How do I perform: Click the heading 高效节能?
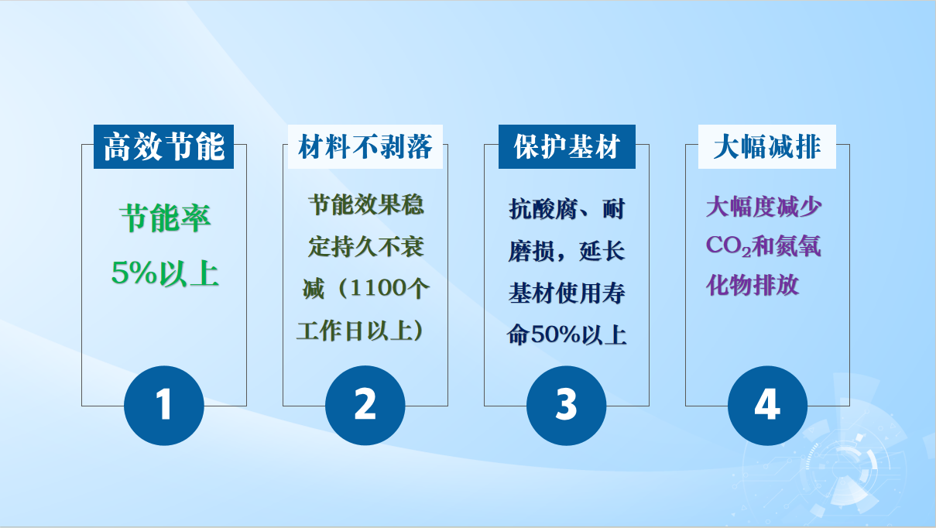[164, 146]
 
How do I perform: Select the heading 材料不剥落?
[365, 146]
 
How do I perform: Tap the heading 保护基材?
[567, 146]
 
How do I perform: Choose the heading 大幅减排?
[767, 146]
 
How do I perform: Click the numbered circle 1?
[164, 405]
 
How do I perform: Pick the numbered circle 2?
[365, 405]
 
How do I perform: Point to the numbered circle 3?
[566, 405]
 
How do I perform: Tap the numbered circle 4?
[767, 405]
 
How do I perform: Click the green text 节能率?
[166, 218]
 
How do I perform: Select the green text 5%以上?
[165, 273]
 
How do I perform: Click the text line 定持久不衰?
[366, 246]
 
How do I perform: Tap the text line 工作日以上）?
[360, 331]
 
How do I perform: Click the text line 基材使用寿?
[567, 293]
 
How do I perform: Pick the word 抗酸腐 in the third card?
[543, 209]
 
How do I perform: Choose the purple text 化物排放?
[753, 286]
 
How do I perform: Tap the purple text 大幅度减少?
[764, 207]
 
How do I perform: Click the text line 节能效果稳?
[366, 204]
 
